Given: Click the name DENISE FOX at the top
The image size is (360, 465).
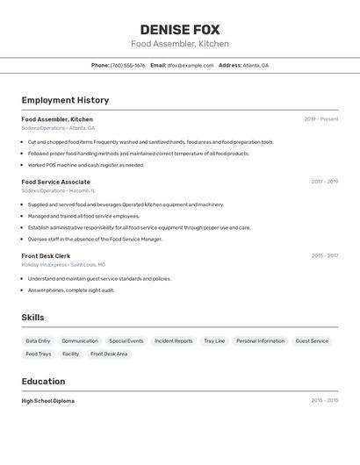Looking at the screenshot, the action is [x=180, y=29].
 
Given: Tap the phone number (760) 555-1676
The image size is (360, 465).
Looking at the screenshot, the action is [x=128, y=65].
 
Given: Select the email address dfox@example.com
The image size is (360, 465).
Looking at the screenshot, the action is [x=191, y=65].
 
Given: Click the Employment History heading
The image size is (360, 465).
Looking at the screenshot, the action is [x=65, y=100].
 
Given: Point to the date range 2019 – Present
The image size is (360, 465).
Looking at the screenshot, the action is [x=321, y=119].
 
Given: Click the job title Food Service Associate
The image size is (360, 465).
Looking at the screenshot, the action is [x=56, y=182].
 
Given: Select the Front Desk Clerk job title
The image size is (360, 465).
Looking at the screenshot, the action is [x=46, y=256].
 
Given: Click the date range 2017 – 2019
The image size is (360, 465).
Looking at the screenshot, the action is [x=324, y=182].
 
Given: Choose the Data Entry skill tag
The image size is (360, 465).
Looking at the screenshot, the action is [x=38, y=340].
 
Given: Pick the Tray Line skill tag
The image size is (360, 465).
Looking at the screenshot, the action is [x=214, y=340].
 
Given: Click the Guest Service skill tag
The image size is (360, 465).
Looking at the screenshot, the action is [x=312, y=340].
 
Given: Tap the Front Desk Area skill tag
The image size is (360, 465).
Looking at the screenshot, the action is [x=109, y=354].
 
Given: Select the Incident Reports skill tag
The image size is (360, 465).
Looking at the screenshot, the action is [x=173, y=340].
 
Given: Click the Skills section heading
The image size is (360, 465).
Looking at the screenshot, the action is [x=32, y=318].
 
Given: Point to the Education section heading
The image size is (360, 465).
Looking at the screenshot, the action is [x=43, y=382].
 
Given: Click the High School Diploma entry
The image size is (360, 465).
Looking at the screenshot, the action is [x=48, y=401].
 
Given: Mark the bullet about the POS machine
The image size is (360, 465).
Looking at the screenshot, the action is [x=85, y=165].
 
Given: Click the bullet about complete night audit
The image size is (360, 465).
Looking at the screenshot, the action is [x=70, y=290].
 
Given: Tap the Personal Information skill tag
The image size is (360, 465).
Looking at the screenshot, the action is [x=260, y=340].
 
